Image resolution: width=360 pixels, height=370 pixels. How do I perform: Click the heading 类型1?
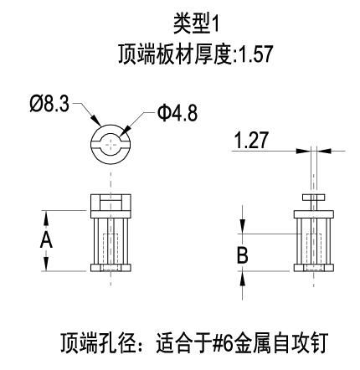[x=197, y=25]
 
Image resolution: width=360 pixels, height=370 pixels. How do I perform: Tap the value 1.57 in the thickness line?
[x=255, y=54]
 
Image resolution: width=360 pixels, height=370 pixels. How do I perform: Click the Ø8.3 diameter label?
[x=49, y=104]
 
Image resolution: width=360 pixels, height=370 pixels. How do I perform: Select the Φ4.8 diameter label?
[x=177, y=113]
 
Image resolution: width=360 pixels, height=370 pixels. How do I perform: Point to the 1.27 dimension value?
[x=251, y=140]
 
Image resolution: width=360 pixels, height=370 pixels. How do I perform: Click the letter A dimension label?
[x=46, y=240]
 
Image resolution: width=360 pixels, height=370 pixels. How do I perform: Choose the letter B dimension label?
[x=242, y=255]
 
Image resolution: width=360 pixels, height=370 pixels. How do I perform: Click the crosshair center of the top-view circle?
[x=111, y=144]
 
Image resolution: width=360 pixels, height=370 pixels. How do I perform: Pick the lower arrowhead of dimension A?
[x=46, y=264]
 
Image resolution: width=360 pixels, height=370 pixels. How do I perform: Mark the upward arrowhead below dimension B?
[x=242, y=278]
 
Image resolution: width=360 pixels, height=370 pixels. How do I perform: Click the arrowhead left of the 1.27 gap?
[x=303, y=151]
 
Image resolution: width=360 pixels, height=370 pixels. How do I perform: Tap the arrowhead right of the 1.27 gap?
[x=324, y=151]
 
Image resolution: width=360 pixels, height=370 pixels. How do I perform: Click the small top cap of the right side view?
[x=314, y=198]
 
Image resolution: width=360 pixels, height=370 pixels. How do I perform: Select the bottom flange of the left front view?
[x=111, y=268]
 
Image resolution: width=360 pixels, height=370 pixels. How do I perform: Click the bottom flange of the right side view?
[x=314, y=268]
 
